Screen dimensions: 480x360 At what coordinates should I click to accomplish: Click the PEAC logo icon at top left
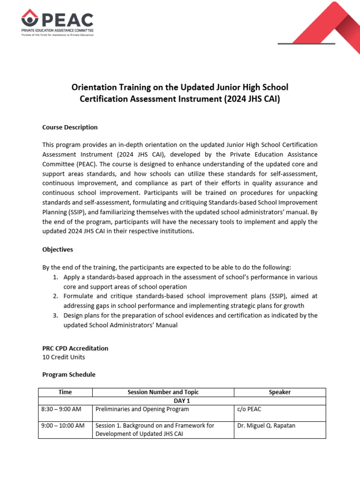(30, 19)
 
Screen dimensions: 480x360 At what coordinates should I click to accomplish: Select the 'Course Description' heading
(70, 127)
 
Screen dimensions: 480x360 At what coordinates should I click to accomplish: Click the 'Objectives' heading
(58, 250)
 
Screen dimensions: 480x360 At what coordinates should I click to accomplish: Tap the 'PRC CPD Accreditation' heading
(75, 348)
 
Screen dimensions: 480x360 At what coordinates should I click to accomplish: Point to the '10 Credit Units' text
(63, 357)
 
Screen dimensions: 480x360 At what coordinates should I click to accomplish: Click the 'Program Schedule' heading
(68, 375)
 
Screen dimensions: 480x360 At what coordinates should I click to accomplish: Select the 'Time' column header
(65, 392)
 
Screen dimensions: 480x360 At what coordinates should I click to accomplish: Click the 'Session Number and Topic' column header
(163, 392)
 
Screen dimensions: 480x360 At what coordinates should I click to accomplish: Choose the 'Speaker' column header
(279, 392)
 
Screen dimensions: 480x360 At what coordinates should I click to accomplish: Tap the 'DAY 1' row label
(182, 401)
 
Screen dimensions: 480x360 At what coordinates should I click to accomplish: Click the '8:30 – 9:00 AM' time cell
(61, 409)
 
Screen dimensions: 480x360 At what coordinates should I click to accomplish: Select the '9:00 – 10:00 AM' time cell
(63, 426)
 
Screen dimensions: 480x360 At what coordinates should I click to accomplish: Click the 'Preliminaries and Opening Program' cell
(142, 409)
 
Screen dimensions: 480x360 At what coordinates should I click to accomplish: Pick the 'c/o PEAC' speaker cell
(249, 409)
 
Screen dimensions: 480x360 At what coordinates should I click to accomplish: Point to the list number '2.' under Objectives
(55, 296)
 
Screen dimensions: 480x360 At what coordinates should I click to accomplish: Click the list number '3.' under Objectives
(55, 315)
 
